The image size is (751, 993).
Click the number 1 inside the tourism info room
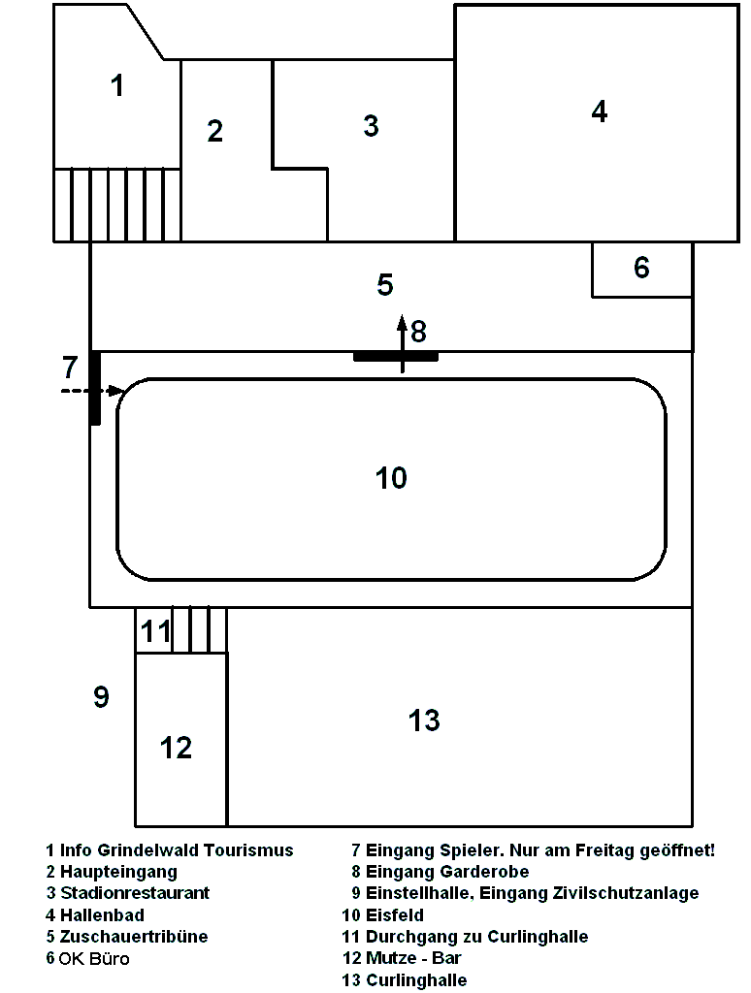pos(117,86)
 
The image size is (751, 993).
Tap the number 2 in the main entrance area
pos(214,131)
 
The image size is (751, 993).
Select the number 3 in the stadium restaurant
pos(371,125)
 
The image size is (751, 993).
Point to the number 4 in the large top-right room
pos(600,112)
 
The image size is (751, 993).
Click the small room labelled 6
pos(641,269)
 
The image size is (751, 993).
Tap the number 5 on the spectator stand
pos(385,285)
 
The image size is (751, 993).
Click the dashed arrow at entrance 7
pos(91,390)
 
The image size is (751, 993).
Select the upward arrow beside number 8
pos(403,339)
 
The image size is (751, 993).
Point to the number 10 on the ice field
pos(391,478)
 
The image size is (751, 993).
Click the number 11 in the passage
pos(155,632)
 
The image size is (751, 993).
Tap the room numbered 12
pos(177,748)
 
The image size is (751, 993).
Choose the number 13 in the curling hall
pos(424,721)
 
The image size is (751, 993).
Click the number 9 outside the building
pos(101,697)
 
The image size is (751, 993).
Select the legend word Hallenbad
pos(102,914)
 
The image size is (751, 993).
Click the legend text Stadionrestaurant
pos(135,893)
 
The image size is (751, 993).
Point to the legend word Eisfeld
pos(395,914)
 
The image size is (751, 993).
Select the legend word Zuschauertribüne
pos(134,937)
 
